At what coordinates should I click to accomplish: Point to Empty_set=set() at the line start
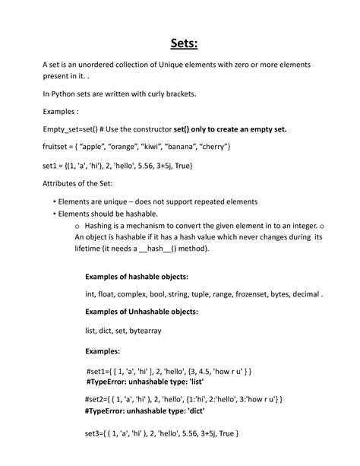pos(69,128)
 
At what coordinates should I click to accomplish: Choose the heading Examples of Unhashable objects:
pos(141,312)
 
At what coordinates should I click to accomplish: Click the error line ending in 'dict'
pos(142,409)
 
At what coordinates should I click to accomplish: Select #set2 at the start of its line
pos(95,398)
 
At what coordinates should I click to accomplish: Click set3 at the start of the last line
pos(93,433)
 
